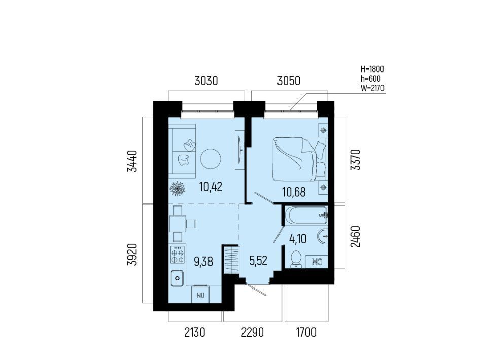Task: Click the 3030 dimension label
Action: point(206,81)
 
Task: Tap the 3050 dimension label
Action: point(289,81)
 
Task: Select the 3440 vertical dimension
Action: point(132,161)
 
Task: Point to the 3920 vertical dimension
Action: point(132,255)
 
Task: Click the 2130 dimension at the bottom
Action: point(195,333)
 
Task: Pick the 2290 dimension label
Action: point(253,333)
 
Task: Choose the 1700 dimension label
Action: point(306,333)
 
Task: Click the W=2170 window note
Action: point(372,88)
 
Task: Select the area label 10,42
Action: point(211,187)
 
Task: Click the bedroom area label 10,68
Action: point(294,192)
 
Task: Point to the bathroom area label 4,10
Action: point(298,239)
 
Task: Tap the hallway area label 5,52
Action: point(258,261)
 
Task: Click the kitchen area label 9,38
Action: point(203,262)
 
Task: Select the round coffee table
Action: point(211,159)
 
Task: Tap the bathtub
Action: point(306,215)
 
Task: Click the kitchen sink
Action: point(178,278)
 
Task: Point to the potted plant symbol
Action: point(178,189)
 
